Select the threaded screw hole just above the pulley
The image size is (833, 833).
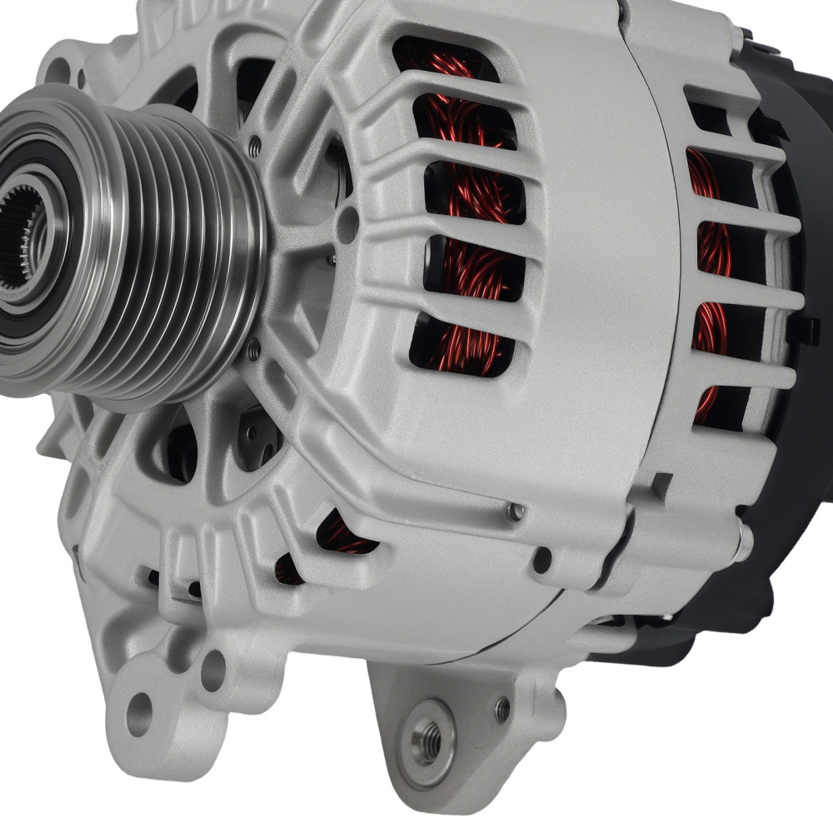click(x=255, y=147)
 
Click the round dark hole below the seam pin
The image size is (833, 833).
click(x=542, y=560)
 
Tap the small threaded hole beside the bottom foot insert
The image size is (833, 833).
click(x=501, y=709)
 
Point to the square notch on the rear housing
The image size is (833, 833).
click(x=662, y=483)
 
